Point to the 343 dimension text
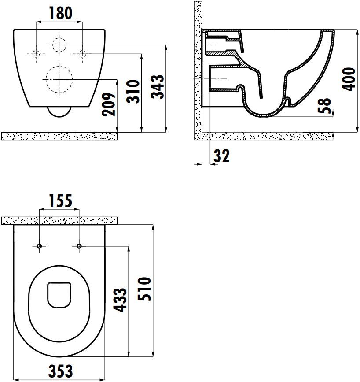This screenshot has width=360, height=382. pyautogui.click(x=157, y=86)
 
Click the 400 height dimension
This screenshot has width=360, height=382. pyautogui.click(x=349, y=79)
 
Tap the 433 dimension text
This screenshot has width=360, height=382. pyautogui.click(x=121, y=300)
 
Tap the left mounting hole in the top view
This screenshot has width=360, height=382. pyautogui.click(x=40, y=246)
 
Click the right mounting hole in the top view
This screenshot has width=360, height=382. pyautogui.click(x=79, y=246)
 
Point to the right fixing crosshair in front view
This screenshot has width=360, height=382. pyautogui.click(x=82, y=54)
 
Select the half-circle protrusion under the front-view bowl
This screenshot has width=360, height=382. pyautogui.click(x=59, y=112)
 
